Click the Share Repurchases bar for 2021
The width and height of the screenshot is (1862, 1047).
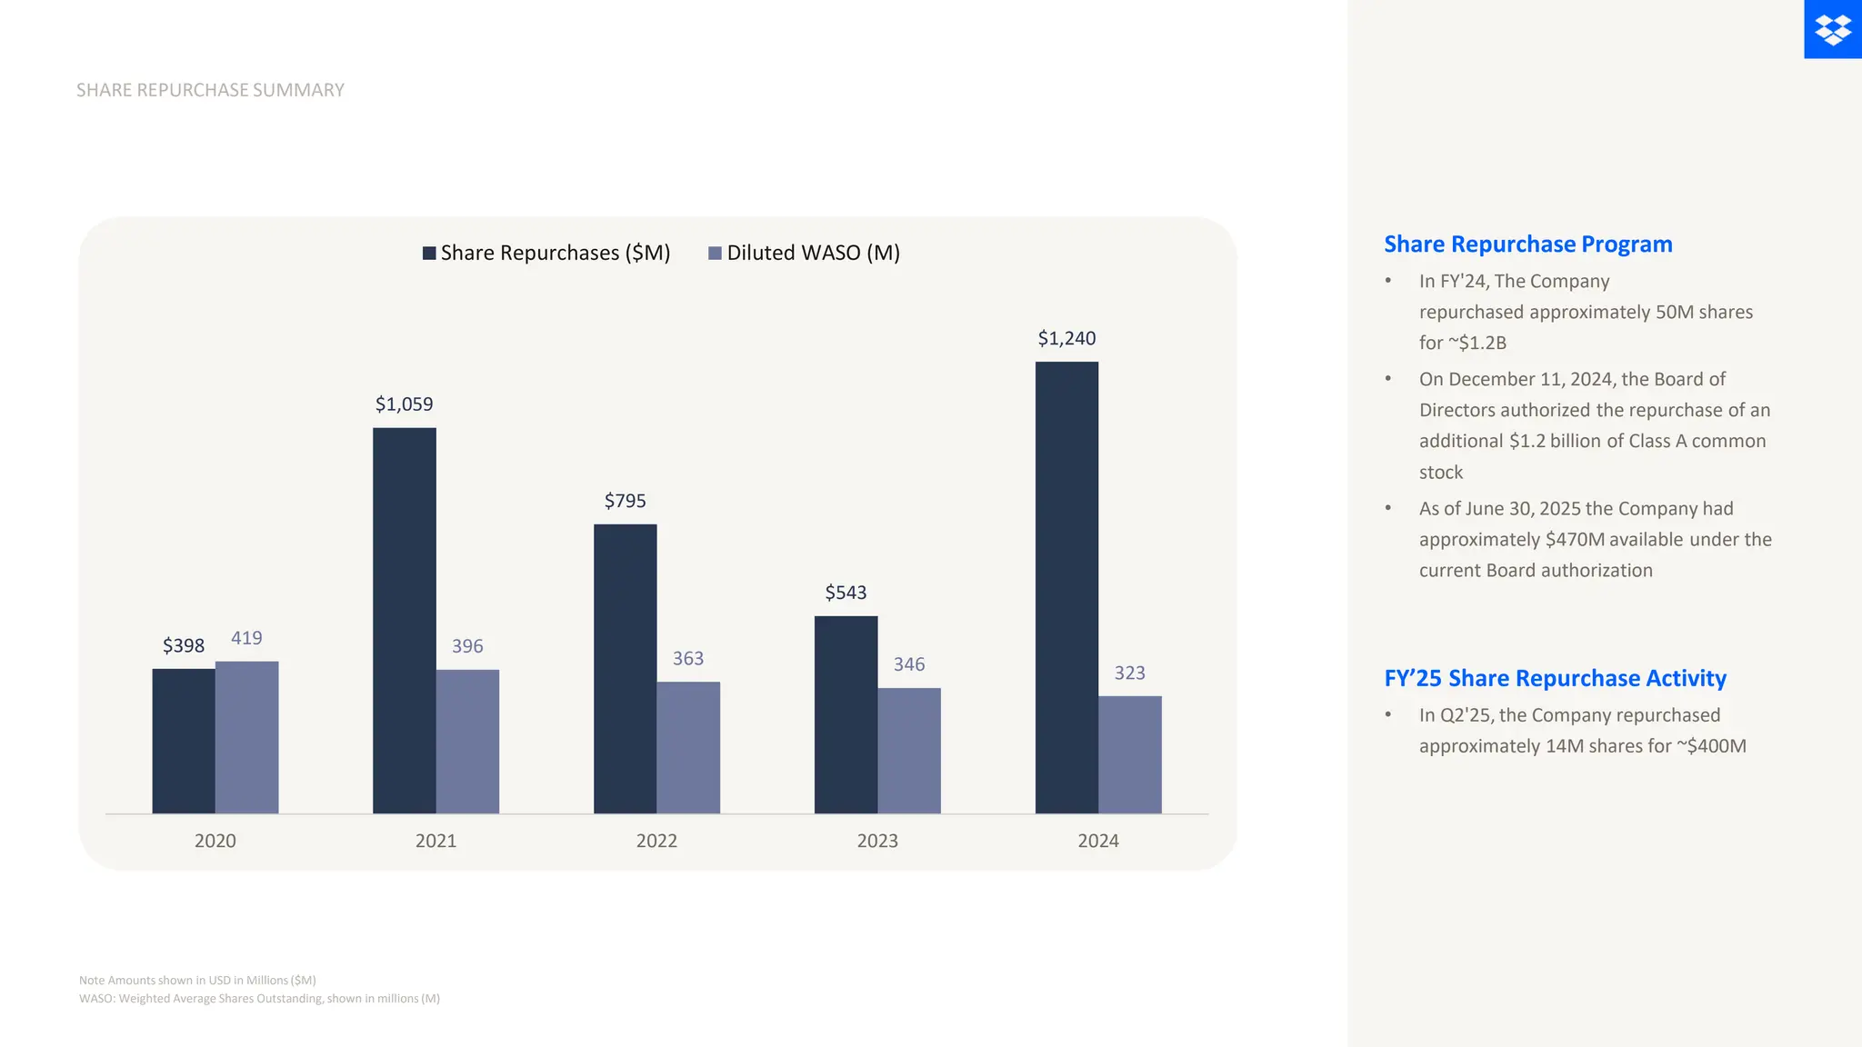[404, 620]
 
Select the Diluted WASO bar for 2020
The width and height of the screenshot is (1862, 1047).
[246, 737]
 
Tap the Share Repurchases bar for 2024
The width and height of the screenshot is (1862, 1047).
[1066, 587]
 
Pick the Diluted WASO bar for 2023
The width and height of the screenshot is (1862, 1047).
[909, 751]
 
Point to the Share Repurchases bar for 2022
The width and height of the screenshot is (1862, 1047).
[625, 668]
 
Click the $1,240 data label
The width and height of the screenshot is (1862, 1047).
[1066, 338]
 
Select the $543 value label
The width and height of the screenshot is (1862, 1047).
[846, 593]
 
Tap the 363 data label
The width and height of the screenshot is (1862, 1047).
[688, 658]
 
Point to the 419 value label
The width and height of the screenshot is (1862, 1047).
[246, 638]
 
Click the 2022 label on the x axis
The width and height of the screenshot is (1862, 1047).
[656, 841]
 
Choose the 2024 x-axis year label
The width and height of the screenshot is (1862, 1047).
[1098, 841]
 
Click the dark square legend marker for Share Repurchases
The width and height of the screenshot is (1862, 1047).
[429, 253]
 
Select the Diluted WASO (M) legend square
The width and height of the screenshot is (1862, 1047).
[715, 253]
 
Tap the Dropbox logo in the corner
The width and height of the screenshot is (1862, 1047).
[1833, 29]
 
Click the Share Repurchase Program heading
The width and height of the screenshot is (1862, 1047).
[1527, 244]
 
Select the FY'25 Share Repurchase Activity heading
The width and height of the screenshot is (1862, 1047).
[1555, 678]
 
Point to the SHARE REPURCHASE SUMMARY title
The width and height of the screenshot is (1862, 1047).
[210, 90]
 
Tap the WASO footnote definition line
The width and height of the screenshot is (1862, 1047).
[259, 998]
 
